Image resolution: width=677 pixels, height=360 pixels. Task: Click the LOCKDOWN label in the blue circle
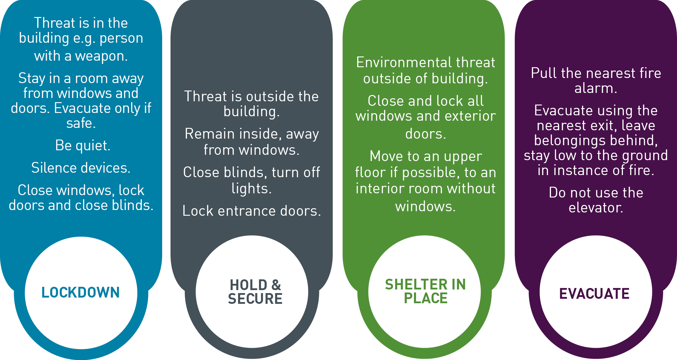pyautogui.click(x=81, y=292)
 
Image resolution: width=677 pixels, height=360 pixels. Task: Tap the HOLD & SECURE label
pyautogui.click(x=255, y=292)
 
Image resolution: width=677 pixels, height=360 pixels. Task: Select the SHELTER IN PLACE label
pyautogui.click(x=426, y=291)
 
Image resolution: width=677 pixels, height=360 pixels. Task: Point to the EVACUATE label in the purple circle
pyautogui.click(x=594, y=293)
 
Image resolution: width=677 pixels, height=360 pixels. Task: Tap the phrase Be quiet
pyautogui.click(x=83, y=145)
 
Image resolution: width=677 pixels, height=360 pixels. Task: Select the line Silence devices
pyautogui.click(x=81, y=168)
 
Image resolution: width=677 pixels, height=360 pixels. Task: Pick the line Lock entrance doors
pyautogui.click(x=252, y=211)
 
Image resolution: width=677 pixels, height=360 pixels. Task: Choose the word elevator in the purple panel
pyautogui.click(x=596, y=208)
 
